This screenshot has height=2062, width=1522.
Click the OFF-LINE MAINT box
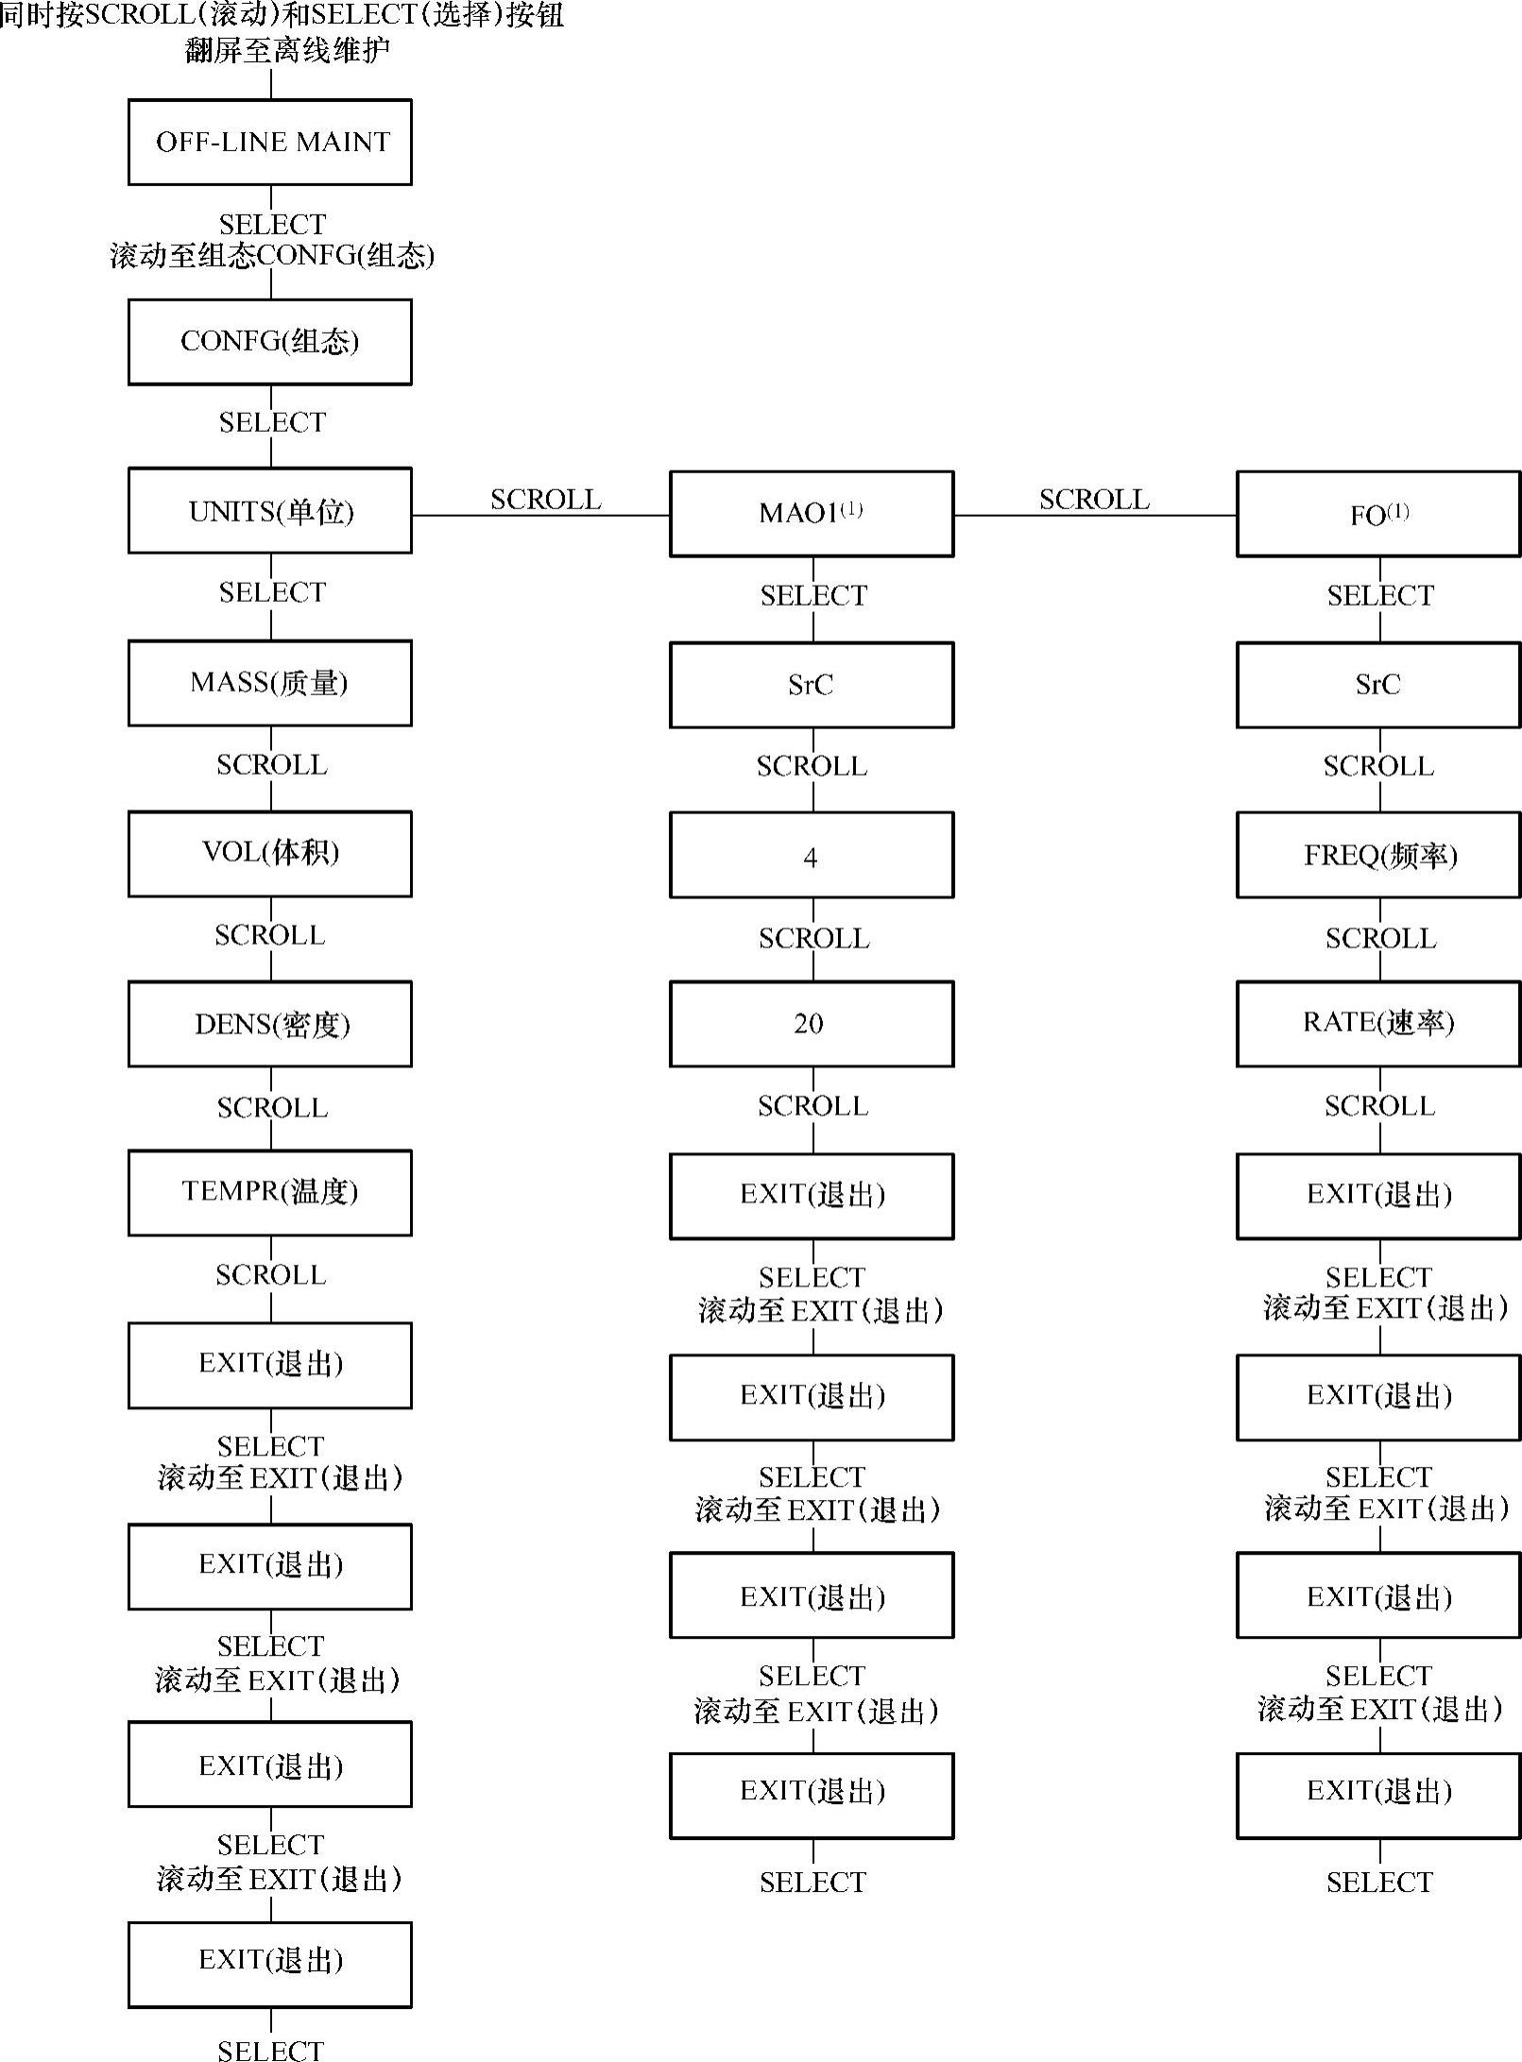tap(270, 143)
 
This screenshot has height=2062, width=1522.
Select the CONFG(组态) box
tap(270, 342)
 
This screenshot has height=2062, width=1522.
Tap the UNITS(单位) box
tap(270, 511)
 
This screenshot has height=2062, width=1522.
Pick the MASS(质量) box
tap(270, 683)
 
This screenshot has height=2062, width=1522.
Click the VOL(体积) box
tap(270, 853)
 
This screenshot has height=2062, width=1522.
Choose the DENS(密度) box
tap(270, 1024)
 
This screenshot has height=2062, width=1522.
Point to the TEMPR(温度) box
tap(270, 1192)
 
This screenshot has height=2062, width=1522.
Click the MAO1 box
tap(812, 514)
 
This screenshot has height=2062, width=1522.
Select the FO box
tap(1378, 514)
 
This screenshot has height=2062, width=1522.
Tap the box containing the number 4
tap(812, 855)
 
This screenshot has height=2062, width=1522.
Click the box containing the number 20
tap(812, 1024)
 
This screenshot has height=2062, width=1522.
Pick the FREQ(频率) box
tap(1378, 855)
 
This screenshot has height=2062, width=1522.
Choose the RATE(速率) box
tap(1378, 1024)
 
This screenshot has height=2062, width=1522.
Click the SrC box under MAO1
tap(812, 685)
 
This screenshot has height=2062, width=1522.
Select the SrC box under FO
tap(1378, 685)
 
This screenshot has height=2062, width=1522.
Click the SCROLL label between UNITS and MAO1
tap(545, 499)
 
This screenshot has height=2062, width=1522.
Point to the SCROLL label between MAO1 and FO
tap(1094, 499)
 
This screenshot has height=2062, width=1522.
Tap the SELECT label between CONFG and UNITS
tap(272, 422)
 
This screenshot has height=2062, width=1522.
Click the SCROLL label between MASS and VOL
tap(272, 764)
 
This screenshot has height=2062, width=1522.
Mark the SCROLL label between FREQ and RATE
tap(1380, 938)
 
